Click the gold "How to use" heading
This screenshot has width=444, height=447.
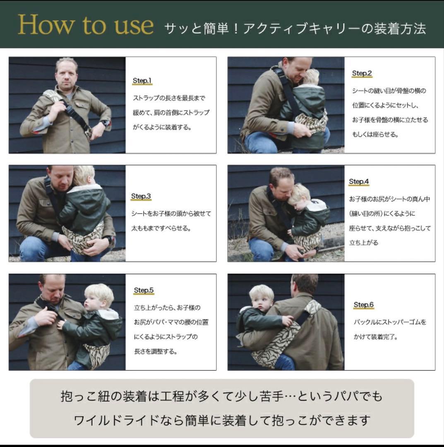86,25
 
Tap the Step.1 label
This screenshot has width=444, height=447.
142,81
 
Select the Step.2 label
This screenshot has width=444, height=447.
362,73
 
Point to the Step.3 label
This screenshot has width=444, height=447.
141,196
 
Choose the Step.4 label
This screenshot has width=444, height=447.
359,181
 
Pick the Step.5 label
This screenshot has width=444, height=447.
144,290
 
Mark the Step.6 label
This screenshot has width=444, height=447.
363,305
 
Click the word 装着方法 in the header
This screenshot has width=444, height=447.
400,29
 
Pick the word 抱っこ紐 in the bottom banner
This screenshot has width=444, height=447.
85,396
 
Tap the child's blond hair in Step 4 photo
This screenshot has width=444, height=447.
299,191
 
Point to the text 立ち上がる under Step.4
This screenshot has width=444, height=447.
364,243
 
